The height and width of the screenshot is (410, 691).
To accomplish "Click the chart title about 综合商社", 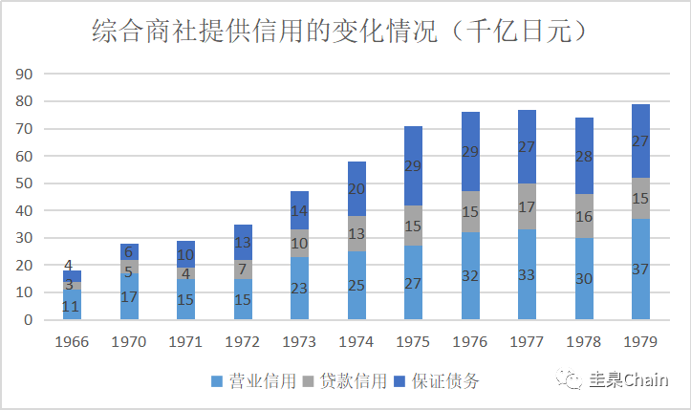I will [339, 32].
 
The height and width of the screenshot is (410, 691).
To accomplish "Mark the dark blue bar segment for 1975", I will [413, 165].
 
